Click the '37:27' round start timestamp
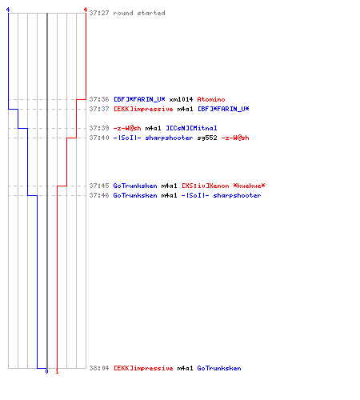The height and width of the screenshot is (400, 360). (99, 13)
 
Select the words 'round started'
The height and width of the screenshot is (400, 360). (139, 13)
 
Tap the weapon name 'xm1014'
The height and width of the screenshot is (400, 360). (181, 99)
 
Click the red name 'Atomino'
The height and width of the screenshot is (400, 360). (211, 99)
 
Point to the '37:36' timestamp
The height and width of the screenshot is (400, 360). (99, 99)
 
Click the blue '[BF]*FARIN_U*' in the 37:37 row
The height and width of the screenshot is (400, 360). (223, 109)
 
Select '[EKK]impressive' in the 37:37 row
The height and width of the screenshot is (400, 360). (143, 109)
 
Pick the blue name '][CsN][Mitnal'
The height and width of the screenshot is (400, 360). (191, 128)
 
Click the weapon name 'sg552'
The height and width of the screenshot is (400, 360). (207, 138)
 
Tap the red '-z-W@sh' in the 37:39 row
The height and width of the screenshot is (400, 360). (127, 128)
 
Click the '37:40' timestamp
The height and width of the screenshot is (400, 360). (99, 138)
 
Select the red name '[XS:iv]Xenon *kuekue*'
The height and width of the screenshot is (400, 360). (223, 186)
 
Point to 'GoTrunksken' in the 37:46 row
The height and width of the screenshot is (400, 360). (135, 195)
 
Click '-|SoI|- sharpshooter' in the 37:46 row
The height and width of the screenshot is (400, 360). (221, 195)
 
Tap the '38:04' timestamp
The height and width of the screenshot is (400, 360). (99, 368)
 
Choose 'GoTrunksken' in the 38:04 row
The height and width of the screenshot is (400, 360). (219, 368)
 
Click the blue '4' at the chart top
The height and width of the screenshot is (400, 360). (8, 10)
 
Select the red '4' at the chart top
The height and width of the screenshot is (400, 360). (86, 10)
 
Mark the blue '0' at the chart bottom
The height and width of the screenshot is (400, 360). (47, 371)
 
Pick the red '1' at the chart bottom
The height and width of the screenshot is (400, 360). (57, 371)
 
